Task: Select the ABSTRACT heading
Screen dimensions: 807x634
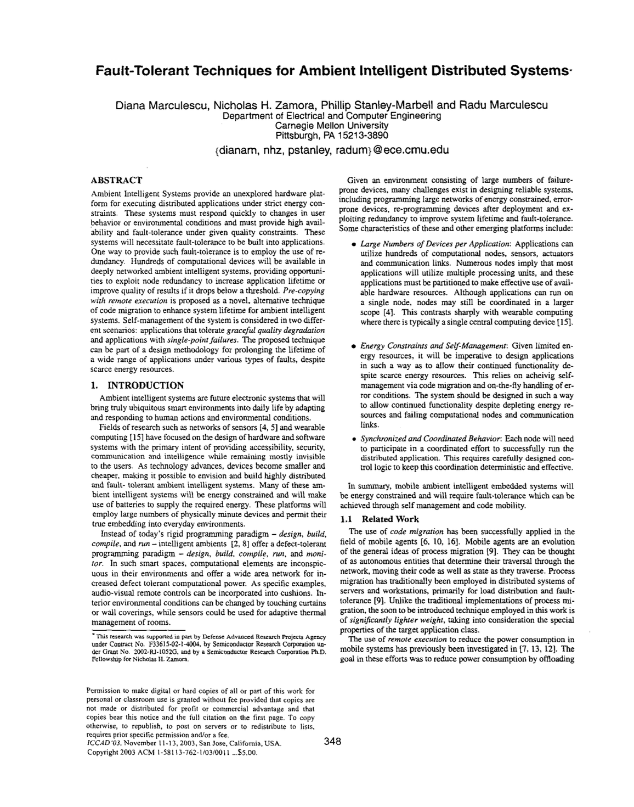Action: click(116, 180)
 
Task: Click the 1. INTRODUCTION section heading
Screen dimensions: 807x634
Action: click(137, 385)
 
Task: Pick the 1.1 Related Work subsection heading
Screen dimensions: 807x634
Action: click(380, 519)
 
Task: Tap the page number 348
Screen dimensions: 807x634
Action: click(332, 742)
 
